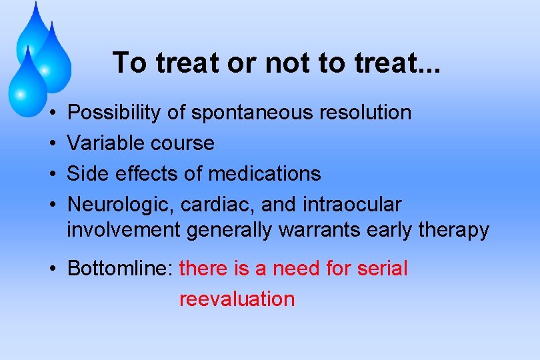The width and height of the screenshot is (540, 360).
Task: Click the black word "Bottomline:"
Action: click(x=121, y=269)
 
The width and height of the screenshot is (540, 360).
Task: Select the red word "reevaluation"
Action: click(x=237, y=299)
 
